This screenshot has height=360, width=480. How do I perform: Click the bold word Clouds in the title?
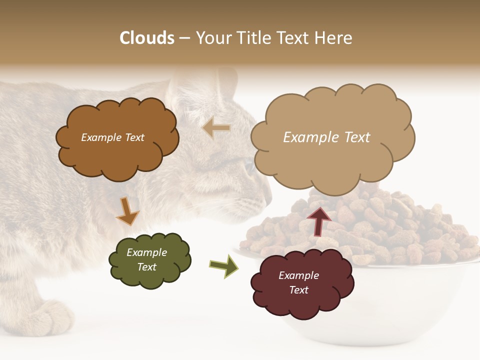[x=147, y=38]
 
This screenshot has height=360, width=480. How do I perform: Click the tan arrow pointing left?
[x=216, y=128]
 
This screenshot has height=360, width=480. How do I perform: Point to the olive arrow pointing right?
[x=223, y=265]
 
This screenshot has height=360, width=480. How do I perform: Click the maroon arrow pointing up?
[x=318, y=221]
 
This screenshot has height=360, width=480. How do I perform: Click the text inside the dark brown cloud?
[x=112, y=137]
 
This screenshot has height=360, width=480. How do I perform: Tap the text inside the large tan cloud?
[x=326, y=137]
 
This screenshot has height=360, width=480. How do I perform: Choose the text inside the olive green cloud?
[x=146, y=259]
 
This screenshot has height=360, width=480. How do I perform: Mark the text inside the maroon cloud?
[x=298, y=282]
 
